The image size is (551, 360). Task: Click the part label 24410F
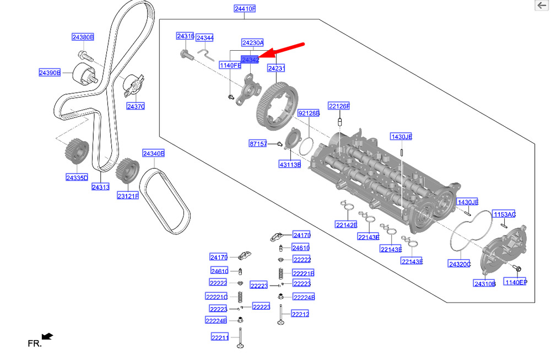tap(245, 9)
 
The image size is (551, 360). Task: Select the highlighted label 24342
tap(250, 60)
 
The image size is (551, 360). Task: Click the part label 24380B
tap(83, 37)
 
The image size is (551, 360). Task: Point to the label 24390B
tap(50, 72)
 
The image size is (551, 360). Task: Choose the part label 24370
tap(136, 106)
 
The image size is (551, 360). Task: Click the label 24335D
tap(77, 178)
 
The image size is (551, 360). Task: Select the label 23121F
tap(127, 196)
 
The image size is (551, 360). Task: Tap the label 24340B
tap(154, 153)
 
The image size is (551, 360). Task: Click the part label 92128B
tap(309, 113)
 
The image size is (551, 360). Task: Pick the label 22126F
tap(339, 106)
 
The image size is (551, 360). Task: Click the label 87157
tap(258, 143)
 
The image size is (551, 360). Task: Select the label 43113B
tap(290, 164)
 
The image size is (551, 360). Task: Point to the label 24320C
tap(460, 264)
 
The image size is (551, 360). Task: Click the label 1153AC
tap(504, 214)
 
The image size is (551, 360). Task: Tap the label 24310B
tap(485, 284)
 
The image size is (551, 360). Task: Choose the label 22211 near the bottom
tap(219, 337)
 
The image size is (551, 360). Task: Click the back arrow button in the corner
tap(542, 5)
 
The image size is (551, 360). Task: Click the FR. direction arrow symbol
tap(48, 336)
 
